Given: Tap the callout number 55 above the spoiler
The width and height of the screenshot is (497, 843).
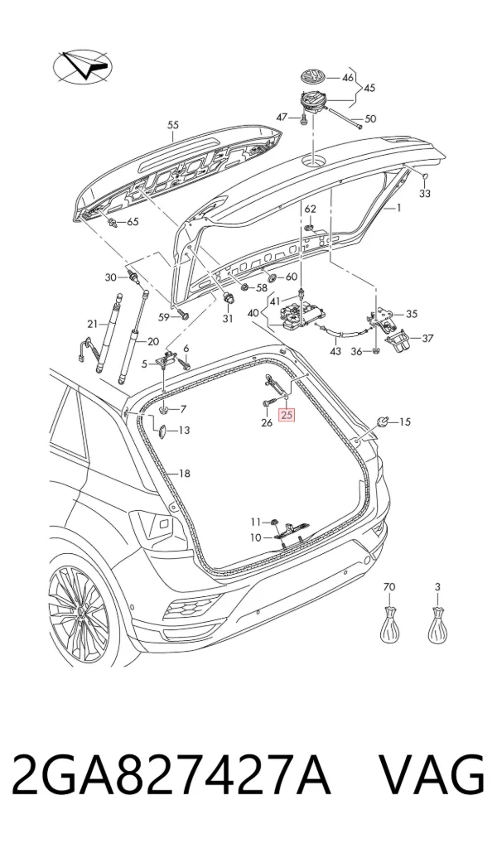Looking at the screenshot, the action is click(172, 125).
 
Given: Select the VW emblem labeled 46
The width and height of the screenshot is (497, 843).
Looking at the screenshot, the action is click(312, 77).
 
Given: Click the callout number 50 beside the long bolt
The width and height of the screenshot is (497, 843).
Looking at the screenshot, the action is click(370, 118).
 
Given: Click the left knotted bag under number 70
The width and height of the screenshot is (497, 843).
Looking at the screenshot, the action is click(389, 623).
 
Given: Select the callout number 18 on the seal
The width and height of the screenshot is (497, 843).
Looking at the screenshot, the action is click(185, 474).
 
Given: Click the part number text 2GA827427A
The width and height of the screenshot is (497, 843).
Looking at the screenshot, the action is click(170, 776).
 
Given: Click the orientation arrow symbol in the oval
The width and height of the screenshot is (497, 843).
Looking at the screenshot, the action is click(83, 67).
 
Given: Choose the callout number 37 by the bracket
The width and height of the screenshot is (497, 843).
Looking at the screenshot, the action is click(427, 339).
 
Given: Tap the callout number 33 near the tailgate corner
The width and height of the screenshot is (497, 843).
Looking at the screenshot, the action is click(425, 193).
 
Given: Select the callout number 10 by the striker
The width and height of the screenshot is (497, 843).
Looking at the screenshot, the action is click(255, 537).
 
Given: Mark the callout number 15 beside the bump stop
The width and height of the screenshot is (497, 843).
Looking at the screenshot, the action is click(404, 422).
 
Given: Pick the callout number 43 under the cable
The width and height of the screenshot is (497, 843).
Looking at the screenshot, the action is click(335, 352).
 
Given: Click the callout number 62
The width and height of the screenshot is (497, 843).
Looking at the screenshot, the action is click(311, 209).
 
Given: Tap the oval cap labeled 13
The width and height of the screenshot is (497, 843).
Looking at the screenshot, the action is click(161, 431).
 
